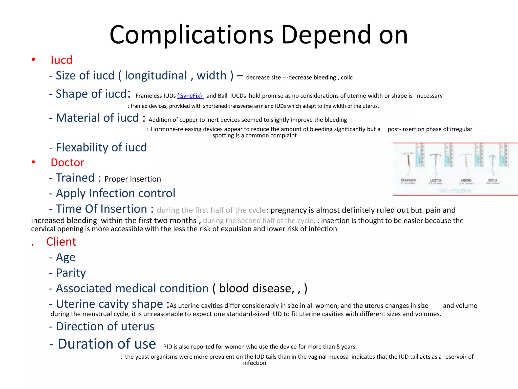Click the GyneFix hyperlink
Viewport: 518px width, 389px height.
pos(190,96)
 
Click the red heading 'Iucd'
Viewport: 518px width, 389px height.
pos(61,60)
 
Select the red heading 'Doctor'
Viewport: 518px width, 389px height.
pos(67,163)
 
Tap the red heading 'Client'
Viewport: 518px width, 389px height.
pos(61,242)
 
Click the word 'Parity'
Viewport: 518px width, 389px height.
pos(71,273)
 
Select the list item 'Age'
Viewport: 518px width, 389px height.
pos(66,257)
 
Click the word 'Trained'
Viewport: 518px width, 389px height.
pos(75,178)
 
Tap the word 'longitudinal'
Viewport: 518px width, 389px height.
pos(156,75)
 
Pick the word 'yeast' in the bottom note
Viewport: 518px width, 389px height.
pos(143,357)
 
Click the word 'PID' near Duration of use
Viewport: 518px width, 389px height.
pos(168,347)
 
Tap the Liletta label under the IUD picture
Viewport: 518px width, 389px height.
pos(436,181)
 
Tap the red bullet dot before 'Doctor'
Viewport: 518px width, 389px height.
pos(33,162)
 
